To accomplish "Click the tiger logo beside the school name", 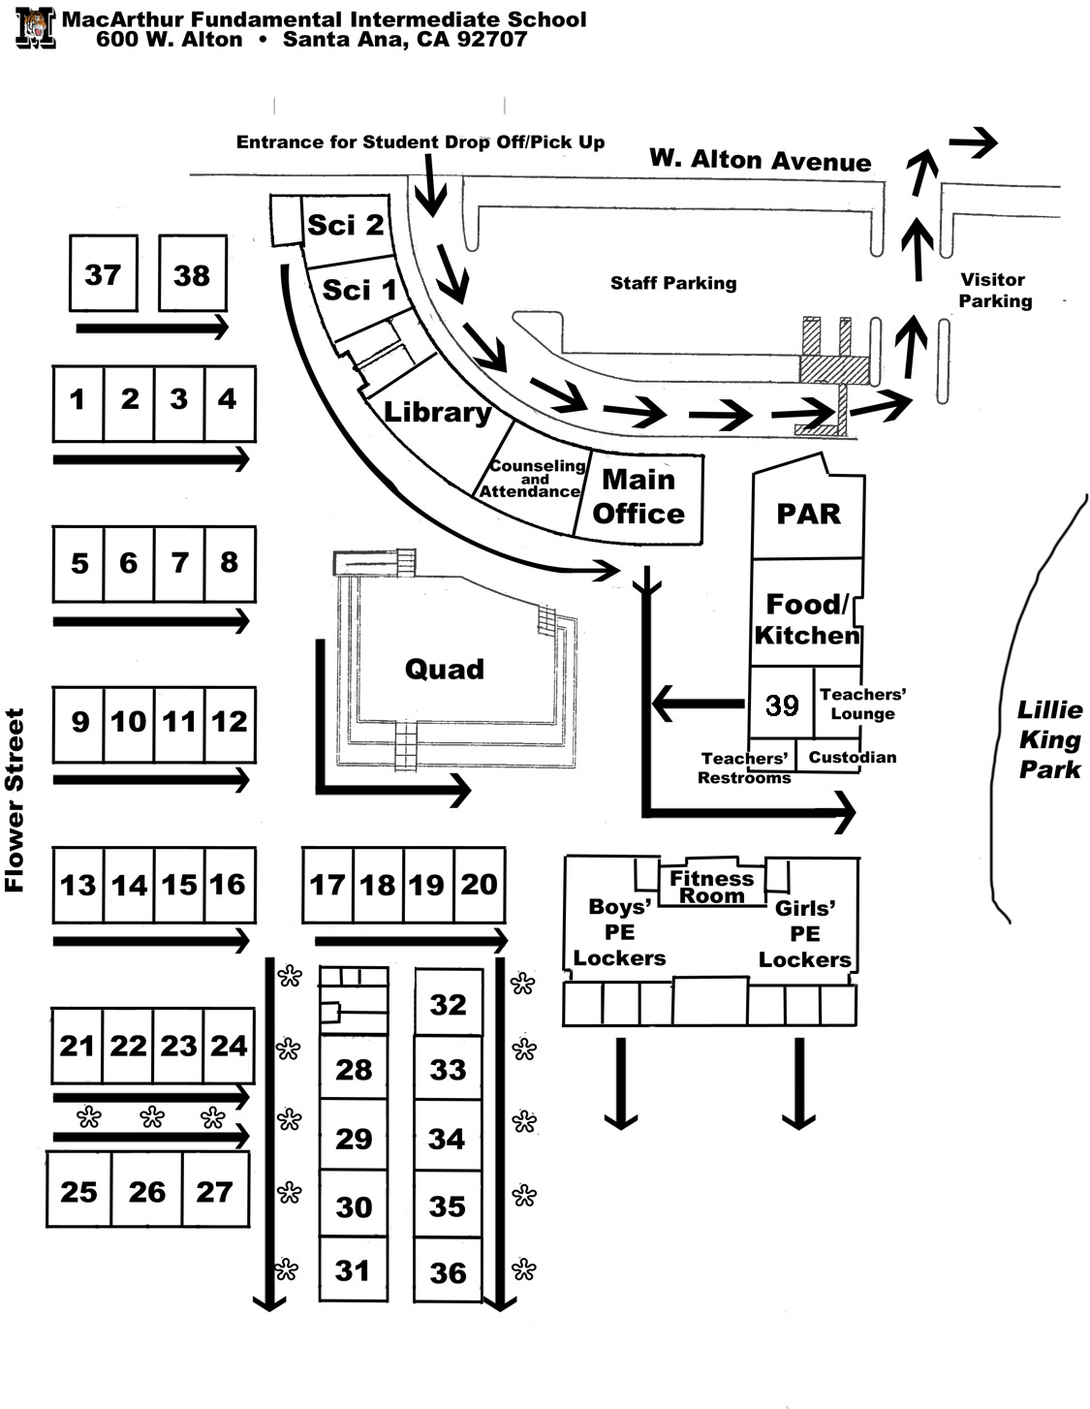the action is (x=36, y=27).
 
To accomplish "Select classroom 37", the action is (x=104, y=273).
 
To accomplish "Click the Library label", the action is (x=437, y=413).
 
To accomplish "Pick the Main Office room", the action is (x=638, y=497).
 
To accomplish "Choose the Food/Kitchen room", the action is (x=807, y=612).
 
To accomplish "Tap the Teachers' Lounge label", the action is (x=862, y=704).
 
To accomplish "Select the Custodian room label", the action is (x=853, y=757).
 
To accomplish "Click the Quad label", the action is (x=445, y=669).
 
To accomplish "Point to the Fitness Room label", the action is (x=711, y=887).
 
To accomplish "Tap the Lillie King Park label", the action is (x=1049, y=739).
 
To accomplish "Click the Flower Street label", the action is (x=15, y=799).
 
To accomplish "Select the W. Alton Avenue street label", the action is (x=761, y=160).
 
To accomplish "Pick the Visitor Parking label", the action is (x=995, y=290).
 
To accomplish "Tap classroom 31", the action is (x=354, y=1268).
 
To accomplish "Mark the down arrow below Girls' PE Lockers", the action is (x=799, y=1082).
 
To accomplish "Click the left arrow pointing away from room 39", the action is (x=698, y=703).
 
